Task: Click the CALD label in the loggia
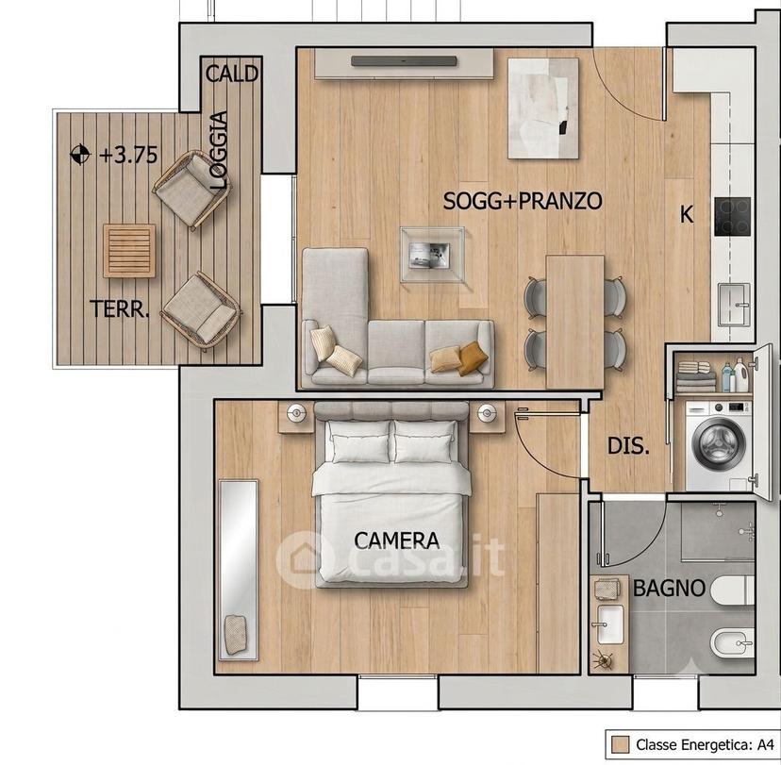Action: tap(232, 75)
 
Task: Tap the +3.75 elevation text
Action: tap(128, 155)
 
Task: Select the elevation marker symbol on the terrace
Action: tap(80, 155)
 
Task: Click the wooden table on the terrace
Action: tap(129, 251)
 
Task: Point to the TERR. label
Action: tap(120, 309)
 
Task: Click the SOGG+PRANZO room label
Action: tap(523, 201)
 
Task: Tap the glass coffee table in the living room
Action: tap(432, 255)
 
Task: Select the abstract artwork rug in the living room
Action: tap(543, 108)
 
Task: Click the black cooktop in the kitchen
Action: tap(732, 217)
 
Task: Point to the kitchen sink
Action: tap(734, 304)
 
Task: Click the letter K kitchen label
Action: tap(687, 215)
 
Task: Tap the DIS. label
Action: tap(628, 446)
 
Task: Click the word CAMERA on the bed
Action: tap(397, 540)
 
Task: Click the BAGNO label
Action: tap(669, 589)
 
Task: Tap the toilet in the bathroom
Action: tap(733, 590)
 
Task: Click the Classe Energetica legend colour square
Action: tap(620, 744)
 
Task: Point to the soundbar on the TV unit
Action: tap(404, 61)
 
